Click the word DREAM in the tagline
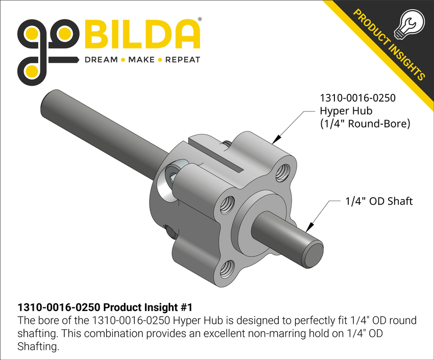[100, 60]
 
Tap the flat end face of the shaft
[314, 254]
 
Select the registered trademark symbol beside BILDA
[199, 19]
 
